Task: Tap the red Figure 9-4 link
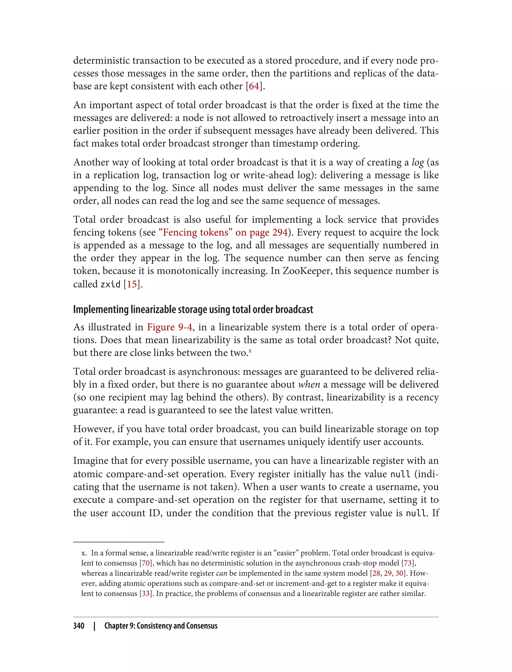169,327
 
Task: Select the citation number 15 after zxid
132,284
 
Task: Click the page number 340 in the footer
79,626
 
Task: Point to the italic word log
417,162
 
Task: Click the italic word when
309,384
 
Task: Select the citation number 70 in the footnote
146,563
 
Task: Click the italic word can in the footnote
221,573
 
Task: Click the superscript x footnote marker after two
250,351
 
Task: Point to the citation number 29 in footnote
388,573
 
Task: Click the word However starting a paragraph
93,429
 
